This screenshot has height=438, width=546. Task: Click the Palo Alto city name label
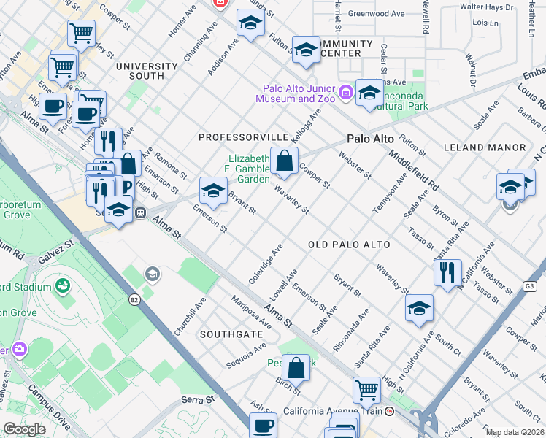tap(370, 139)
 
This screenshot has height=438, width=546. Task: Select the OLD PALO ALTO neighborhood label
tap(349, 245)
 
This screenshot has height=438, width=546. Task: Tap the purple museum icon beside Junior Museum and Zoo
tap(345, 93)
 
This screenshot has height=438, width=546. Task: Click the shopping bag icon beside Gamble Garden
tap(284, 161)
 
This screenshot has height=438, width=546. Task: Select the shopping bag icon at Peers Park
tap(296, 369)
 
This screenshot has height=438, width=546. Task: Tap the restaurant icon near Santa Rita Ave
tap(447, 272)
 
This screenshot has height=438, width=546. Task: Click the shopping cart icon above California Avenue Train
tap(366, 390)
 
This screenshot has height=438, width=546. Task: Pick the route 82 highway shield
tap(134, 299)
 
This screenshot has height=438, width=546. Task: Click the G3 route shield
tap(531, 287)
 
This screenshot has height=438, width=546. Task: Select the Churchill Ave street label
tap(190, 315)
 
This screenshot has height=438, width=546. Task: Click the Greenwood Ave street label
tap(376, 14)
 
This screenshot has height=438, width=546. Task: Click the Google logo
tap(24, 429)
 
